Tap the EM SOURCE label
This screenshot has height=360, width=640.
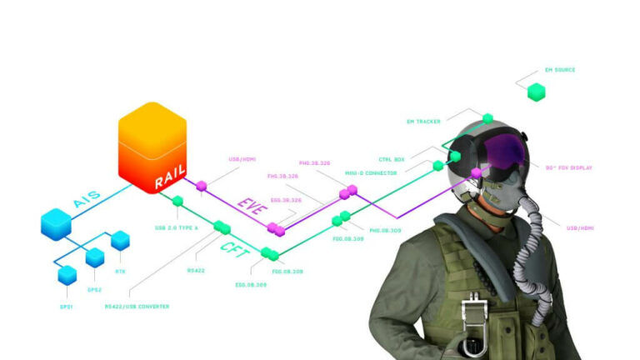559,70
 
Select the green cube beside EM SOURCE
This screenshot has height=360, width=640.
537,92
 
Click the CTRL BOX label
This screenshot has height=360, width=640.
392,158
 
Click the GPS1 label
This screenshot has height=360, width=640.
66,307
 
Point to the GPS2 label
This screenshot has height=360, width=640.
94,289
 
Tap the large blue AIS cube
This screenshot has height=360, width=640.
57,222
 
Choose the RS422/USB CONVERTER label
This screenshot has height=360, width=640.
137,306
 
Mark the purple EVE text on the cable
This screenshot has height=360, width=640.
250,207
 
